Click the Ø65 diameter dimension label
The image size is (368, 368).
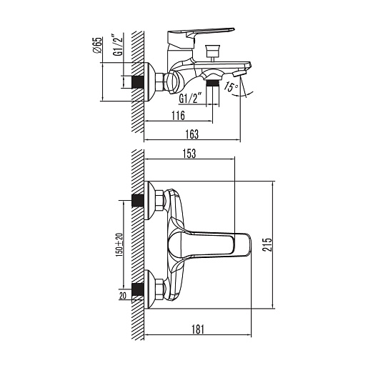(98, 45)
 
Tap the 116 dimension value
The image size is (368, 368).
(178, 116)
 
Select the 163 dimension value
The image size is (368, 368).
(192, 134)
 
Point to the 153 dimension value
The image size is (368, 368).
(189, 154)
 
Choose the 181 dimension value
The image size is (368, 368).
(198, 329)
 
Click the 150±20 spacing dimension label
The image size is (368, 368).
(119, 245)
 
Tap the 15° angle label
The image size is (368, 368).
(230, 87)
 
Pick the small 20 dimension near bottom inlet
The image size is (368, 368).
(123, 296)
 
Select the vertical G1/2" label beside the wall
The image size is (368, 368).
(119, 46)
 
